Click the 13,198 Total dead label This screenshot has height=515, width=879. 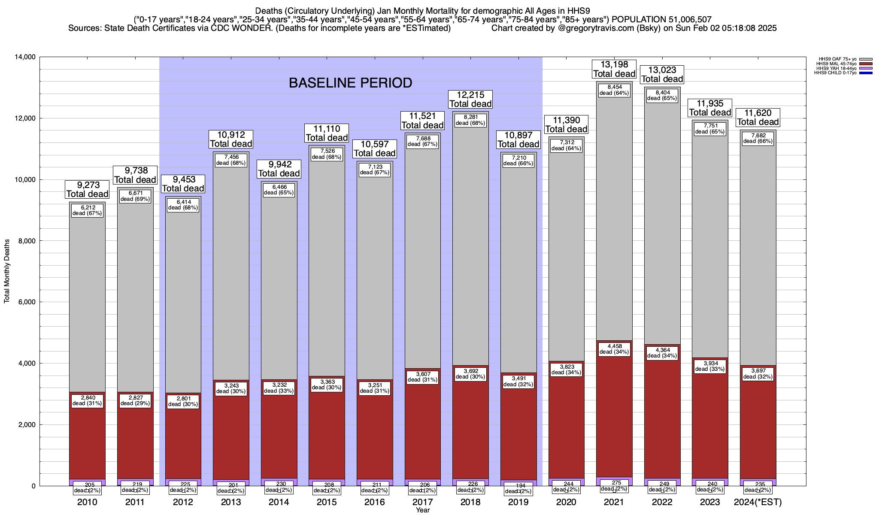click(x=614, y=69)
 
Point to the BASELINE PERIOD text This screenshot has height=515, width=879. click(x=350, y=83)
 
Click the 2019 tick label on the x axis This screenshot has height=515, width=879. click(x=518, y=502)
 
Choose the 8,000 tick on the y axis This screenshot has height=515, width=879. click(x=26, y=241)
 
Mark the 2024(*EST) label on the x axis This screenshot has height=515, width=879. click(x=758, y=502)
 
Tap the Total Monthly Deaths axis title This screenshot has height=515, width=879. click(x=7, y=271)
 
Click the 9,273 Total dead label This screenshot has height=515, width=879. click(x=88, y=190)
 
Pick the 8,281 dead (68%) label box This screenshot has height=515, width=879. click(x=470, y=120)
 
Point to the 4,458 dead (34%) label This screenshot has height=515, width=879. click(x=614, y=349)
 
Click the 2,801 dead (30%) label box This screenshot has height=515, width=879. click(x=183, y=401)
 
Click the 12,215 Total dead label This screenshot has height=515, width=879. click(x=470, y=99)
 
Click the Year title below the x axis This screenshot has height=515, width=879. click(x=422, y=510)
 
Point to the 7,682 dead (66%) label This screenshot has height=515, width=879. click(x=758, y=138)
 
